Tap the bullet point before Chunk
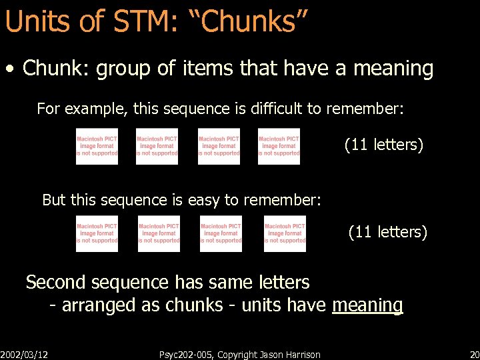(x=11, y=69)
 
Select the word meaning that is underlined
(x=367, y=305)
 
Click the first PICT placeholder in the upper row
(x=97, y=146)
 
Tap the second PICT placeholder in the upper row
(x=157, y=146)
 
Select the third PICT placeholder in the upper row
(x=219, y=146)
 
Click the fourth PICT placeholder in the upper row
(x=279, y=146)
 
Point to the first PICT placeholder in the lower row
(x=97, y=233)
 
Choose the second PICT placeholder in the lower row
(x=159, y=233)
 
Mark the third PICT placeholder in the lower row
(x=221, y=233)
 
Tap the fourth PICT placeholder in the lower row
(x=285, y=233)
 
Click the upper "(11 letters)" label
(x=383, y=144)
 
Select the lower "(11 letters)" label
(x=387, y=232)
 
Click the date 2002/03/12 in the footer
(x=28, y=354)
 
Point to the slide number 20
(x=473, y=354)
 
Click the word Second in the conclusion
(x=56, y=282)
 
